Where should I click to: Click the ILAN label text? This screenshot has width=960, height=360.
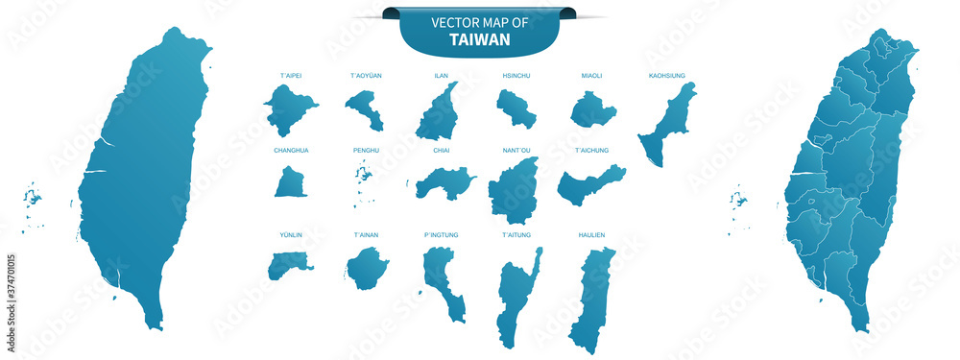441,74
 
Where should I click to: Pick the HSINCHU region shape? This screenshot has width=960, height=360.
516,108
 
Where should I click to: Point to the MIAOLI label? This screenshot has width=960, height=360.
592,74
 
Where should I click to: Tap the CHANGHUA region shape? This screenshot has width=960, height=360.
290,182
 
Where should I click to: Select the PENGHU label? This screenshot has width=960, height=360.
366,150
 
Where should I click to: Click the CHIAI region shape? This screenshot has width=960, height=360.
443,182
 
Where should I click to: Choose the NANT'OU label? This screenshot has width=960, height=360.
516,150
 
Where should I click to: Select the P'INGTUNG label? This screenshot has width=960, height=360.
441,234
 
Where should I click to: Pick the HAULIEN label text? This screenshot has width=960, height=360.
592,234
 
